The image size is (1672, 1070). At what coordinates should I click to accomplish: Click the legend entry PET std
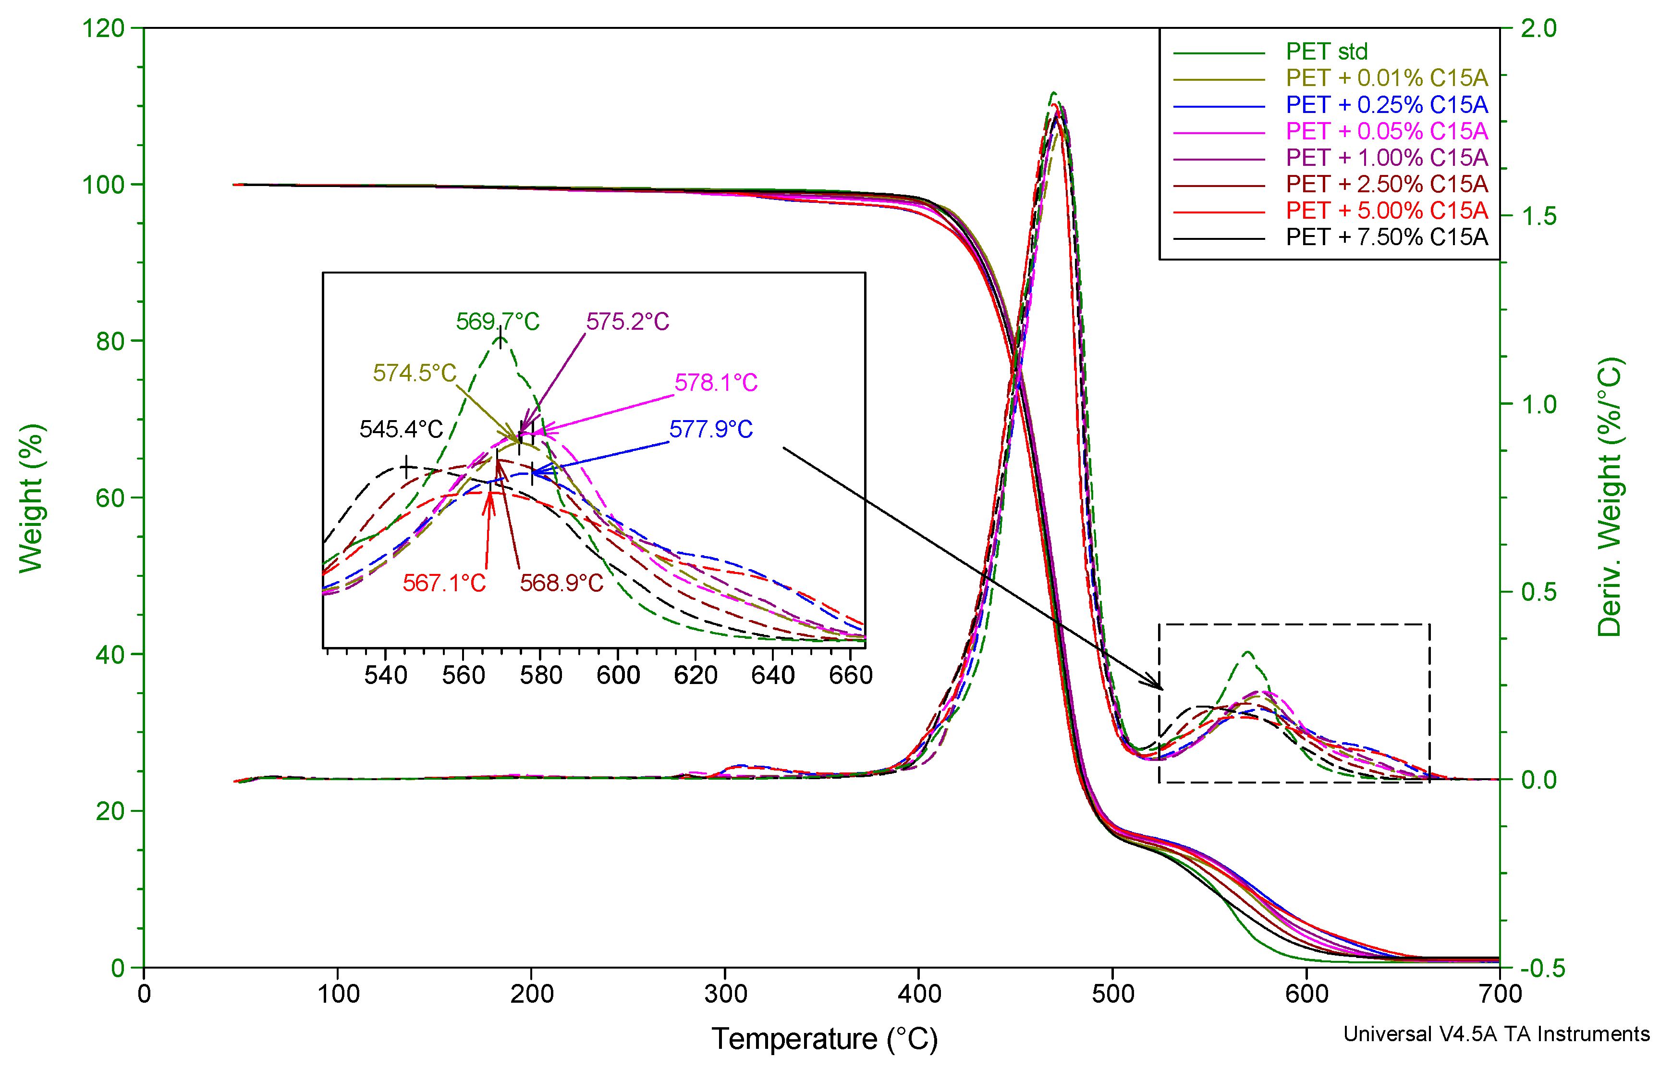click(1326, 51)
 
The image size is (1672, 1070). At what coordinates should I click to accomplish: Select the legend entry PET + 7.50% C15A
click(1387, 237)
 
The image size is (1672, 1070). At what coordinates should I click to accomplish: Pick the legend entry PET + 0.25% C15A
click(1387, 105)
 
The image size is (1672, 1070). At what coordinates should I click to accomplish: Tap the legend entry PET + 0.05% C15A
click(1387, 131)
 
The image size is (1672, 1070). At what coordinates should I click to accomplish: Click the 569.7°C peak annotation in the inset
click(497, 322)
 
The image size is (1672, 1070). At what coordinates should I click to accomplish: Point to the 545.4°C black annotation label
click(401, 429)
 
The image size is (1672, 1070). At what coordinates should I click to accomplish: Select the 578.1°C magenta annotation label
click(716, 383)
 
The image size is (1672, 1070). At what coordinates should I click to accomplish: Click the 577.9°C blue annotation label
click(710, 429)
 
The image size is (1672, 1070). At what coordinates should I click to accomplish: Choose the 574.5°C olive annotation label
click(415, 373)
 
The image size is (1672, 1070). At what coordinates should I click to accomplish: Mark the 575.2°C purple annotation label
click(627, 322)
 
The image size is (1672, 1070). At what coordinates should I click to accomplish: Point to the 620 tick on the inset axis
click(695, 675)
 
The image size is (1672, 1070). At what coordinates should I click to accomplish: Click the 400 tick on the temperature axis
click(919, 994)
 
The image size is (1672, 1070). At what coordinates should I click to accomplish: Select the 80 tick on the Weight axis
click(110, 341)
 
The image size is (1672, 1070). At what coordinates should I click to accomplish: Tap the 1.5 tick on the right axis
click(1538, 217)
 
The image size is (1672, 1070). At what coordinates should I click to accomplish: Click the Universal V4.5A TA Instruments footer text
click(1496, 1034)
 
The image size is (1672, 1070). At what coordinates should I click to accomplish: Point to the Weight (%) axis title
click(31, 498)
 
